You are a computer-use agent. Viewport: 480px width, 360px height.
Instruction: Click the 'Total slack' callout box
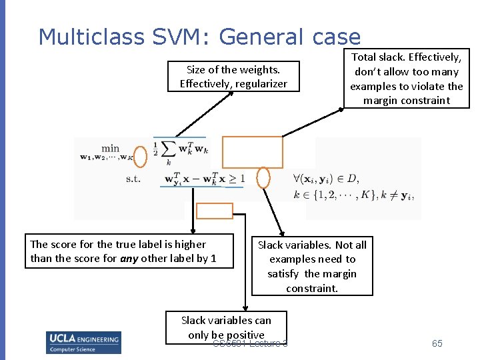click(406, 79)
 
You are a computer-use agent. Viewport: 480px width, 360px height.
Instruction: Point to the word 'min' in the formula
click(110, 148)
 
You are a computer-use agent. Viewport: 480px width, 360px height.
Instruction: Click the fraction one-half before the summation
click(155, 150)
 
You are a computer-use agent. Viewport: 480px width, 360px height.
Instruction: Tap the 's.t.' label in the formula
click(133, 179)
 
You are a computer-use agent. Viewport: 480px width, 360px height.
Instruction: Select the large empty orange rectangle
click(252, 152)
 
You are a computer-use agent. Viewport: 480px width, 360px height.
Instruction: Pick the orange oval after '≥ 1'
click(263, 177)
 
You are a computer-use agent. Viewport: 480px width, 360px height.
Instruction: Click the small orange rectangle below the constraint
click(215, 211)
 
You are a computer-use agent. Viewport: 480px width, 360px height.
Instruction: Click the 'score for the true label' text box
click(129, 251)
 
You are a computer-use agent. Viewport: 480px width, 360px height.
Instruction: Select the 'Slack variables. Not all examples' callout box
click(312, 266)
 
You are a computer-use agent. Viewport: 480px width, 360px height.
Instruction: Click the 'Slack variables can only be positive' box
click(226, 327)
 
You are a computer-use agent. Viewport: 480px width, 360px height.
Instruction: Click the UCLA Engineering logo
click(83, 341)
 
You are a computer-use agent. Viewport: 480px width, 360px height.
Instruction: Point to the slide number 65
click(437, 343)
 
